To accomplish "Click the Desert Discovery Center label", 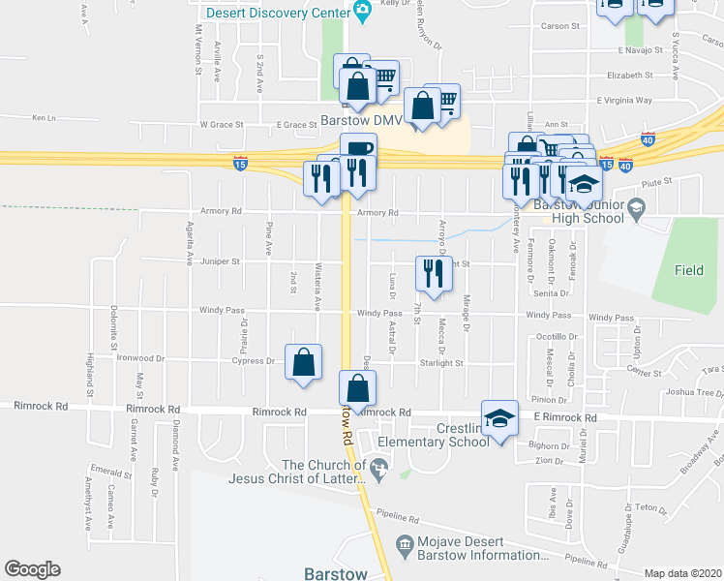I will pos(278,13).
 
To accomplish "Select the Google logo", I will pos(32,568).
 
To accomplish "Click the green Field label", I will pos(689,271).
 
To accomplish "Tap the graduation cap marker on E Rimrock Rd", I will pos(499,419).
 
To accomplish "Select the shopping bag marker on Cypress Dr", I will pos(304,363).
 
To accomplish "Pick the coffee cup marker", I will pos(358,151).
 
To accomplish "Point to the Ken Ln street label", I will pos(45,118).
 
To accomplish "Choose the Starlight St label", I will pos(441,364).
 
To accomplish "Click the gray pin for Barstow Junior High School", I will pos(636,207).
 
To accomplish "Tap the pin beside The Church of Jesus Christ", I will pos(379,472).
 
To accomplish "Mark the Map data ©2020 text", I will pos(683,573).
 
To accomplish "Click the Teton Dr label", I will pos(650,507).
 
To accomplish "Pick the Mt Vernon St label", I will pos(197,49).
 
